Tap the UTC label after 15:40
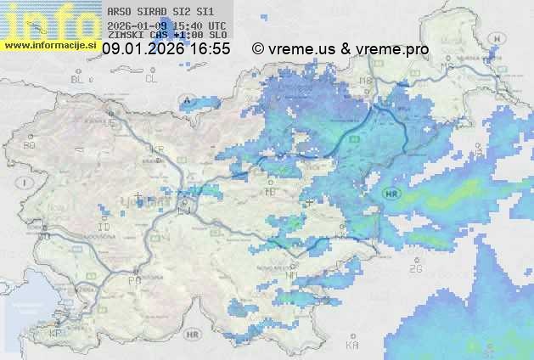[216, 25]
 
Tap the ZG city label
[415, 269]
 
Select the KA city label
[352, 346]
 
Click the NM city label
[292, 276]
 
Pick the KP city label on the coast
[56, 334]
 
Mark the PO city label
[133, 280]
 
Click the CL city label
[151, 79]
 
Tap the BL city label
[78, 79]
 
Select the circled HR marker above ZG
[391, 194]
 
